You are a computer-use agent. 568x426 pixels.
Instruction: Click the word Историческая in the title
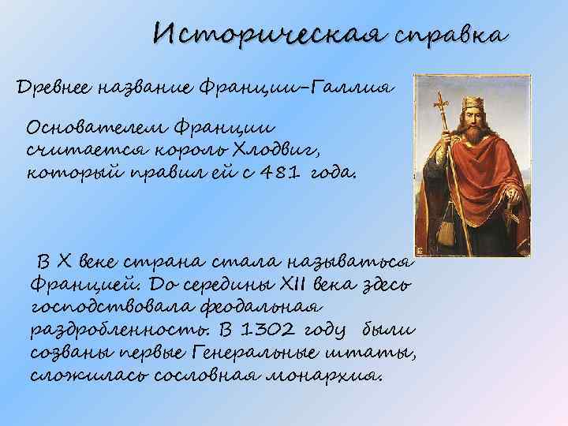click(268, 35)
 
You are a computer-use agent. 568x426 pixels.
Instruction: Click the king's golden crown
click(474, 103)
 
